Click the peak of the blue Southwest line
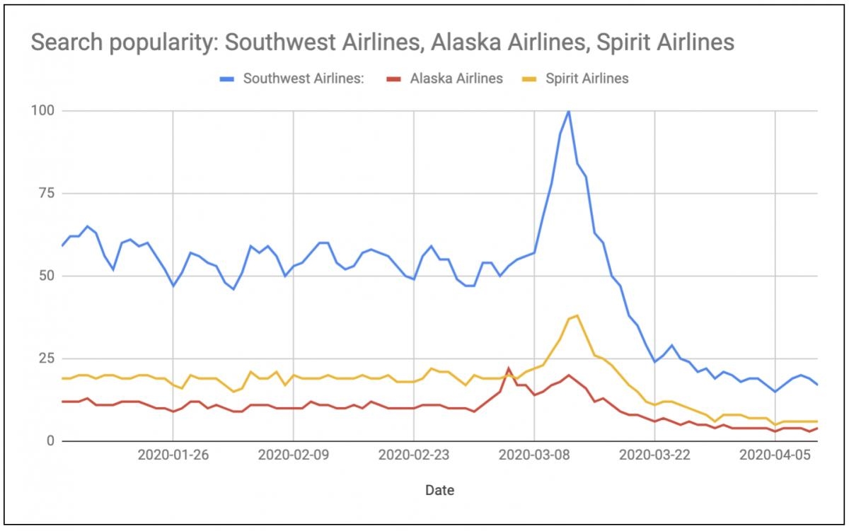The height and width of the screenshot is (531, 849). (569, 111)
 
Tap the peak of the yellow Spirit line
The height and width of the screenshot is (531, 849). (577, 315)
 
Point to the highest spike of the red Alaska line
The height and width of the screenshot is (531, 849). (509, 368)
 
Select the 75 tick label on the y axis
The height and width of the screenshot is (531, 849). (45, 193)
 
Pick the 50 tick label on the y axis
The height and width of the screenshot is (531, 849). (45, 276)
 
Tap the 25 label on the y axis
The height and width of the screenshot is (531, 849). (45, 358)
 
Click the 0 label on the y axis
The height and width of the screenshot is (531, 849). (49, 440)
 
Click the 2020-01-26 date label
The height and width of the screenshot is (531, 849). (173, 455)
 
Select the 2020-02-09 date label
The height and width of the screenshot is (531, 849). (293, 455)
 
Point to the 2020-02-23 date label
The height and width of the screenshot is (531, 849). (414, 455)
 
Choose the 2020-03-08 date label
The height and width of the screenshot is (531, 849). (534, 455)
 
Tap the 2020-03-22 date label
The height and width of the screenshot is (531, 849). (655, 455)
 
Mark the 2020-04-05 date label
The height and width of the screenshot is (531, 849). (775, 455)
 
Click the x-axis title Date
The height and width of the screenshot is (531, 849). (439, 489)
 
